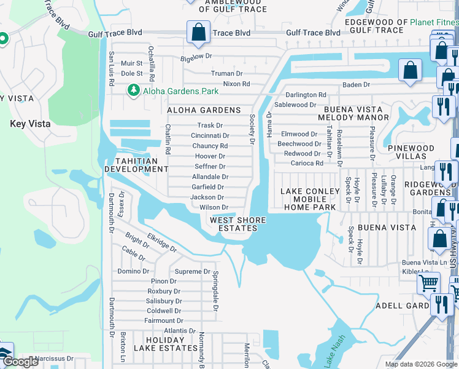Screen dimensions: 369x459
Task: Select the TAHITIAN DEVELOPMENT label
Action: tap(136, 165)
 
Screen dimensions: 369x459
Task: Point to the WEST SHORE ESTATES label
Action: tap(238, 224)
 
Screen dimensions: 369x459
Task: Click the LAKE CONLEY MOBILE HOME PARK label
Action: tap(309, 199)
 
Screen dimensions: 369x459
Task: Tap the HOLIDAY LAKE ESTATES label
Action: tap(166, 343)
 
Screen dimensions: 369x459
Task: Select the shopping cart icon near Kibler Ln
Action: tap(428, 284)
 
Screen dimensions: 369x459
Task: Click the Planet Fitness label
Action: tap(434, 23)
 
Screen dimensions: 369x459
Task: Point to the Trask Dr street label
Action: tap(209, 125)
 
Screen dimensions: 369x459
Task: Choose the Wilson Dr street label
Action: tap(214, 208)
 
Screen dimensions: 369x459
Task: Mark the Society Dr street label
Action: tap(252, 129)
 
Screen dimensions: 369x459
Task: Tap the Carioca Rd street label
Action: tap(307, 163)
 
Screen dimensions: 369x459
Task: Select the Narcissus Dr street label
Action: tap(54, 358)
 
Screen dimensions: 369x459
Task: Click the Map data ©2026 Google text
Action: tap(420, 364)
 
